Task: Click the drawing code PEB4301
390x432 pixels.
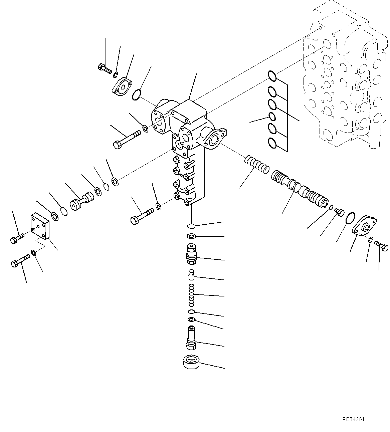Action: pyautogui.click(x=353, y=419)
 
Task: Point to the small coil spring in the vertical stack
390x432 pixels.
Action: pyautogui.click(x=191, y=294)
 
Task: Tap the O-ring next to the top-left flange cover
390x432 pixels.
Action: pyautogui.click(x=136, y=95)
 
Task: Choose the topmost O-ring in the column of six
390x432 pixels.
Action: pyautogui.click(x=272, y=76)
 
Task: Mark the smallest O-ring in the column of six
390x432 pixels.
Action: pyautogui.click(x=272, y=117)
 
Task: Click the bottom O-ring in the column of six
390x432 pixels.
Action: pyautogui.click(x=272, y=143)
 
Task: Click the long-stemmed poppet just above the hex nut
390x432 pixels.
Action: pyautogui.click(x=191, y=338)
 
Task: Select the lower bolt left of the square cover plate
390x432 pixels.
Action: pyautogui.click(x=20, y=260)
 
